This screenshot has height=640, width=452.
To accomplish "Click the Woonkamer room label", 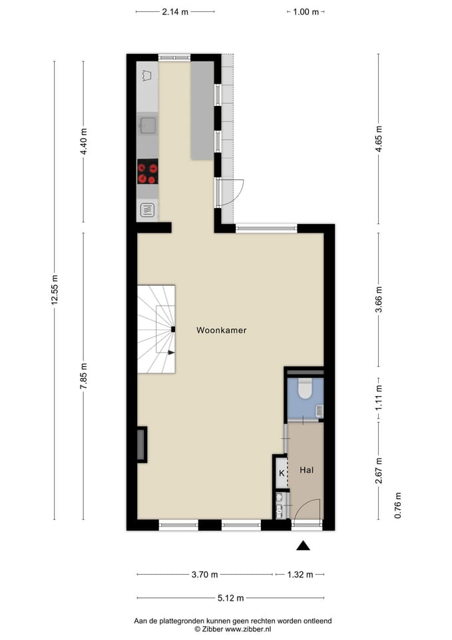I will pyautogui.click(x=221, y=330).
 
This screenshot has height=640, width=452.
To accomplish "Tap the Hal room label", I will pyautogui.click(x=306, y=470).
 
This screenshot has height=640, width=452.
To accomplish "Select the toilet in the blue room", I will pyautogui.click(x=305, y=388).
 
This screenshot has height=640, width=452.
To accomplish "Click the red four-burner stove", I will pyautogui.click(x=147, y=172).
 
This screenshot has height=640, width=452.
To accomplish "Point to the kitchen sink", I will pyautogui.click(x=147, y=125).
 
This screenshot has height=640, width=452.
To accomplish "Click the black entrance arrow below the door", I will pyautogui.click(x=304, y=546).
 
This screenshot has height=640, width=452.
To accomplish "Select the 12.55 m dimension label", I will pyautogui.click(x=55, y=291).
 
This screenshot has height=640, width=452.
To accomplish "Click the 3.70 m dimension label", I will pyautogui.click(x=204, y=574).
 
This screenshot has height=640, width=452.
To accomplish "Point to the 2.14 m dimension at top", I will pyautogui.click(x=174, y=11).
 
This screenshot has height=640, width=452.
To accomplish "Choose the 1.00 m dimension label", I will pyautogui.click(x=306, y=11).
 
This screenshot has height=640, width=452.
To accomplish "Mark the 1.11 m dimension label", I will pyautogui.click(x=378, y=398).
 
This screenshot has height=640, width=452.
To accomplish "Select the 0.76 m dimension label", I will pyautogui.click(x=398, y=505).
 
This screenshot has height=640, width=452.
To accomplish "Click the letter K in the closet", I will pyautogui.click(x=281, y=473).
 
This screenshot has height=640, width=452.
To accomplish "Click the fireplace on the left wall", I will pyautogui.click(x=141, y=445).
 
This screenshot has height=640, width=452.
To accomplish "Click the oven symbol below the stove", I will pyautogui.click(x=147, y=211).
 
